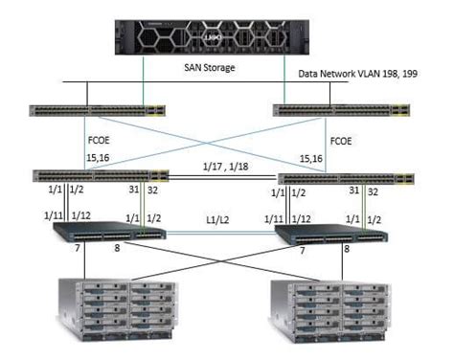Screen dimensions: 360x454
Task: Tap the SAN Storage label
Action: [211, 68]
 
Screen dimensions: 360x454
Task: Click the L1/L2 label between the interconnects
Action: [224, 221]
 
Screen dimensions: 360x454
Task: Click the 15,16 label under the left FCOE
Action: [99, 158]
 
